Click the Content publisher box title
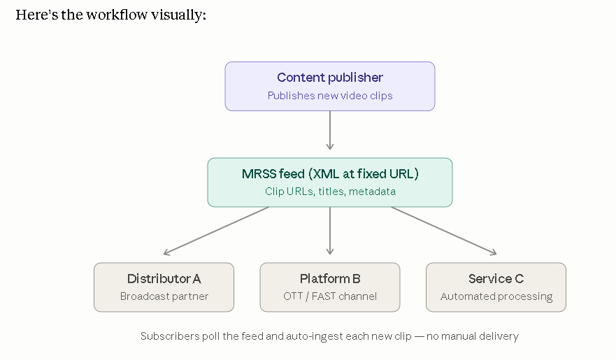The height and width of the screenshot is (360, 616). [x=330, y=78]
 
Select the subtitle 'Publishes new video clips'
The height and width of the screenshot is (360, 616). [x=330, y=95]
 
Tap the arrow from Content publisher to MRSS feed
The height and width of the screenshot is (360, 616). [x=330, y=130]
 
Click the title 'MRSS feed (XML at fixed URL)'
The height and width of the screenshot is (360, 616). [x=330, y=173]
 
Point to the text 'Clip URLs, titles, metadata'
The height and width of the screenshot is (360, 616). [x=330, y=192]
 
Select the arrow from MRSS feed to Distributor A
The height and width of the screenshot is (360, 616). [x=216, y=231]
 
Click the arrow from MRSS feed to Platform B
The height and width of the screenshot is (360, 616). [x=330, y=231]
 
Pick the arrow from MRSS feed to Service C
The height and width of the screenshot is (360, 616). [x=444, y=231]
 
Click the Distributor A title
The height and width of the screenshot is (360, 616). [x=164, y=279]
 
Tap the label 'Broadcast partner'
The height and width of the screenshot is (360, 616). [x=164, y=296]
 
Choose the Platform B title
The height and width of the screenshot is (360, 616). [x=330, y=279]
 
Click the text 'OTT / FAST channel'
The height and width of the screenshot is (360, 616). [x=330, y=296]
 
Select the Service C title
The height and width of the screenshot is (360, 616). [x=496, y=279]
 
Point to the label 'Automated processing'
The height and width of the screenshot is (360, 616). [x=496, y=296]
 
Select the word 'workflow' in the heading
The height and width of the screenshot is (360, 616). [x=117, y=15]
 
